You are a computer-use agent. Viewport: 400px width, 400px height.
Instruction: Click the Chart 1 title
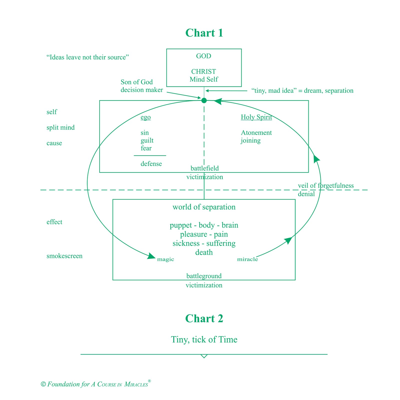click(204, 33)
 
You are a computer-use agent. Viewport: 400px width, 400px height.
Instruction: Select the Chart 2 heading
click(204, 319)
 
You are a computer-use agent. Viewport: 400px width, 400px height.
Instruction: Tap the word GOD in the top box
click(203, 56)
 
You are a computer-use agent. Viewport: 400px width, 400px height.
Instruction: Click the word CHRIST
click(203, 71)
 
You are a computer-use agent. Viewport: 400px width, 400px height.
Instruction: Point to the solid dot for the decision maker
click(204, 100)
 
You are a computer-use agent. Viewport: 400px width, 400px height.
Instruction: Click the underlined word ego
click(145, 117)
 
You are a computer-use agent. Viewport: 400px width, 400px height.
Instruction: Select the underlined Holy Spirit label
click(256, 117)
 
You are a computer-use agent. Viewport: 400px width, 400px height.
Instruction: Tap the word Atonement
click(256, 133)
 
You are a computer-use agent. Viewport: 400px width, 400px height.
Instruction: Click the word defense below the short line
click(151, 164)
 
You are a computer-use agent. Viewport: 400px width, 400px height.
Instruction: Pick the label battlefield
click(204, 168)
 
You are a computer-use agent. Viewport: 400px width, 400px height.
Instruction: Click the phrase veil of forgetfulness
click(326, 185)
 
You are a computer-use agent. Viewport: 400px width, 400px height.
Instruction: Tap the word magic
click(165, 259)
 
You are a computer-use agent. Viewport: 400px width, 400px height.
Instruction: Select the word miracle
click(247, 259)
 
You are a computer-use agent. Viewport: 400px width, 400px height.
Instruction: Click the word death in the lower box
click(204, 252)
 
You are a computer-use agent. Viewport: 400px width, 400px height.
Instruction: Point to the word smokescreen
click(64, 256)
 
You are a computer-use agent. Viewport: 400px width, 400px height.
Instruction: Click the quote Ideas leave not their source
click(87, 57)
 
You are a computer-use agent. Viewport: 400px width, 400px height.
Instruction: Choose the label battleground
click(204, 276)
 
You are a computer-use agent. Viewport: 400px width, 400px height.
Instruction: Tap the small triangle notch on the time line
click(204, 356)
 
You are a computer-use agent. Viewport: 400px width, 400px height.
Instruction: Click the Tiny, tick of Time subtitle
click(204, 339)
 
